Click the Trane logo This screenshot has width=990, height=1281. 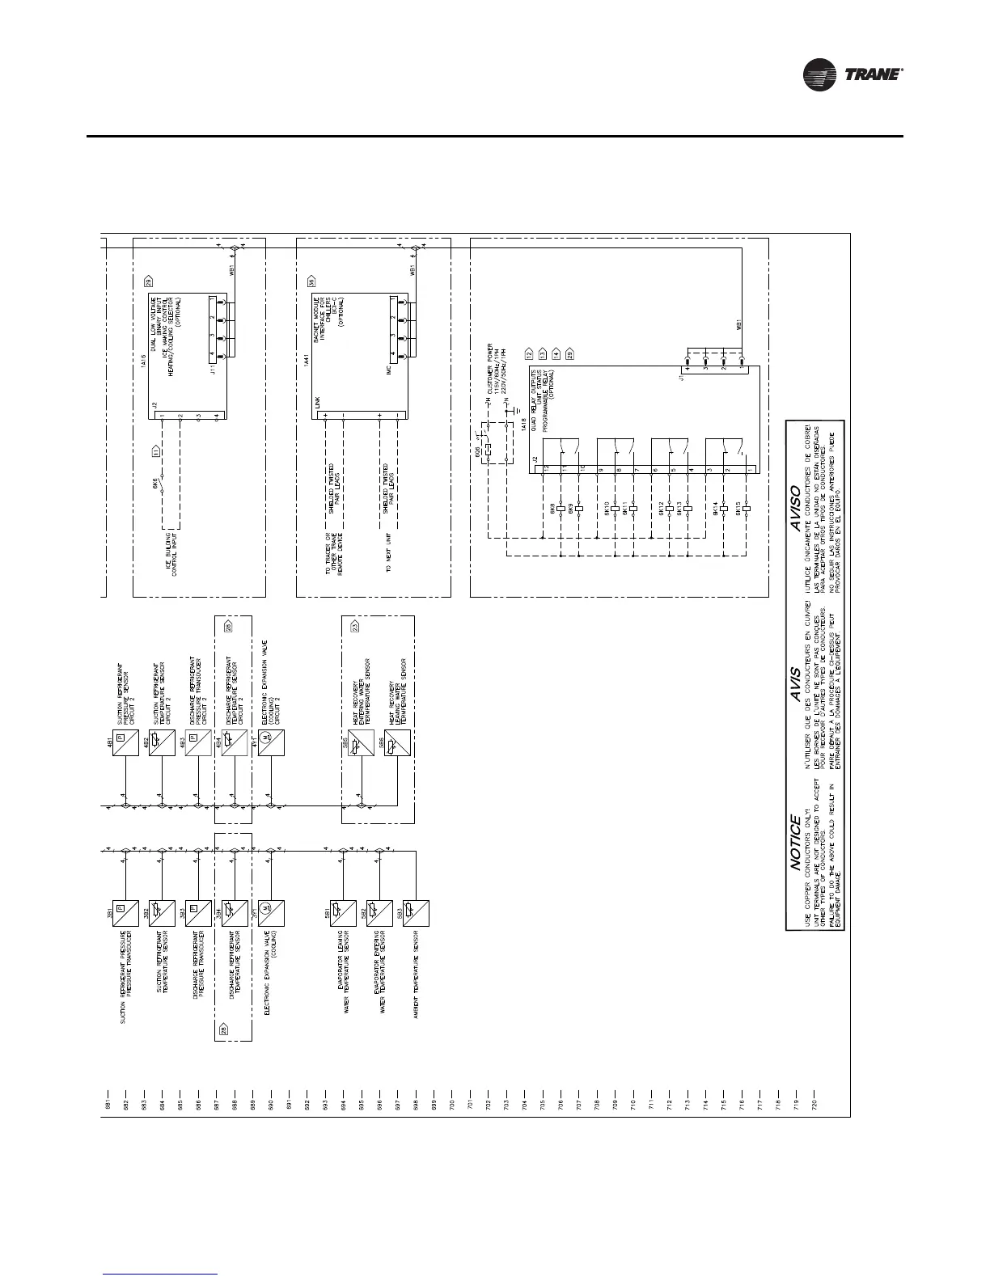click(x=852, y=76)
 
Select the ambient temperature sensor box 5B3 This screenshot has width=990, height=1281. click(x=416, y=913)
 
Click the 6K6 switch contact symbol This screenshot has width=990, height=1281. click(x=161, y=488)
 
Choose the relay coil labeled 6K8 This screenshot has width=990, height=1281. click(x=561, y=509)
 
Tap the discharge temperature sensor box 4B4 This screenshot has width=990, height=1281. click(x=235, y=742)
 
